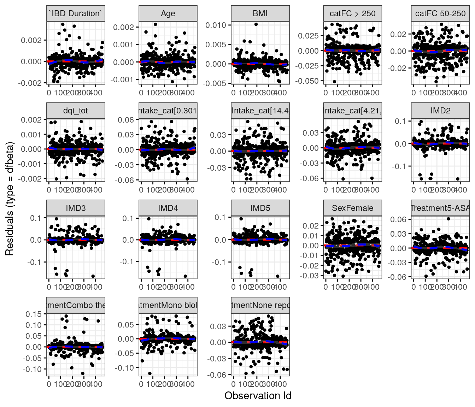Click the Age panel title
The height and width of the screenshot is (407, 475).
pyautogui.click(x=168, y=13)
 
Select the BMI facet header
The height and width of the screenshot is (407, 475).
pyautogui.click(x=260, y=13)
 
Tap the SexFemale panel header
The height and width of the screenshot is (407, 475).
pyautogui.click(x=352, y=208)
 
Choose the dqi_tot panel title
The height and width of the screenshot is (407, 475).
pyautogui.click(x=76, y=111)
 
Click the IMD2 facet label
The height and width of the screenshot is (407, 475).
pyautogui.click(x=440, y=111)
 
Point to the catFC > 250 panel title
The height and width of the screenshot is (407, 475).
pyautogui.click(x=352, y=13)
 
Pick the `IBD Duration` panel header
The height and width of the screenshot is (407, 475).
pyautogui.click(x=76, y=13)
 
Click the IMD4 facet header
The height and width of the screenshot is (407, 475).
pyautogui.click(x=168, y=208)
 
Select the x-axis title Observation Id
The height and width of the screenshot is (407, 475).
pyautogui.click(x=258, y=396)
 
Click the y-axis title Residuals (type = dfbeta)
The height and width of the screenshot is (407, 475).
pyautogui.click(x=10, y=199)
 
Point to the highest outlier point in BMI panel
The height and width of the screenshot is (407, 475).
pyautogui.click(x=256, y=24)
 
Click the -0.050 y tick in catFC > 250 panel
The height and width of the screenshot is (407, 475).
pyautogui.click(x=309, y=81)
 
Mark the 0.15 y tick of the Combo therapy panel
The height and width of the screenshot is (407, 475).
pyautogui.click(x=34, y=314)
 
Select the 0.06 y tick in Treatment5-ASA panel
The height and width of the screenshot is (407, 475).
pyautogui.click(x=398, y=219)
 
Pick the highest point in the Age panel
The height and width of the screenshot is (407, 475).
pyautogui.click(x=156, y=24)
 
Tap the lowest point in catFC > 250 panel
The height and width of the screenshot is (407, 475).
pyautogui.click(x=334, y=82)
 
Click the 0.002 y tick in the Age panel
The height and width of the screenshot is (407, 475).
pyautogui.click(x=124, y=27)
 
